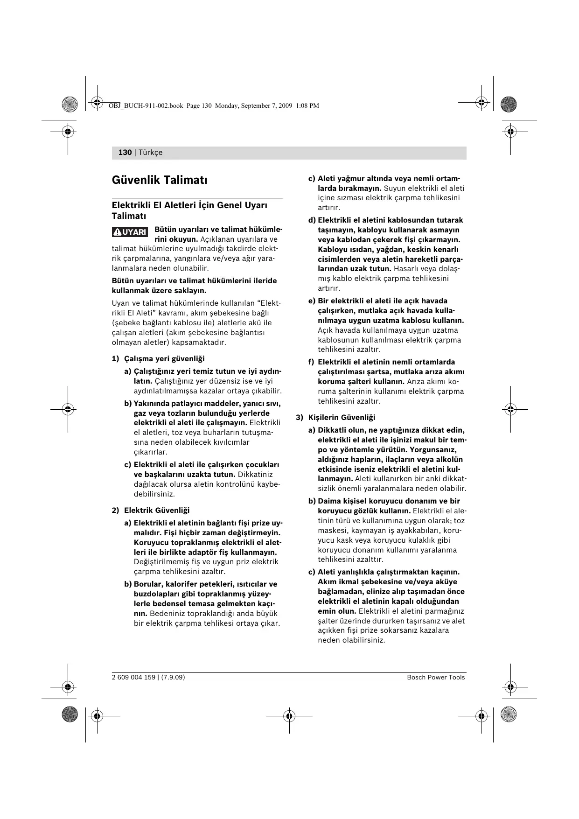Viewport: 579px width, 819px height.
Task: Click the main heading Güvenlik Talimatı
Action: (160, 180)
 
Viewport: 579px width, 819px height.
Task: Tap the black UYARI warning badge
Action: (130, 232)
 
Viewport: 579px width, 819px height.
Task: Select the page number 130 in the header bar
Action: (125, 153)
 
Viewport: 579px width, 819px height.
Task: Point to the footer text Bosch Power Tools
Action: (436, 677)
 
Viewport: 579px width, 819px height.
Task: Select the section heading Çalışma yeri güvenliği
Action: (164, 358)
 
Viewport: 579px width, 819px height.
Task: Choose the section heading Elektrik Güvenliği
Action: (157, 510)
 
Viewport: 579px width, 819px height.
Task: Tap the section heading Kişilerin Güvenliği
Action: (342, 417)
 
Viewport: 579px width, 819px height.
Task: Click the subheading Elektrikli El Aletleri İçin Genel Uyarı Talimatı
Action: (189, 210)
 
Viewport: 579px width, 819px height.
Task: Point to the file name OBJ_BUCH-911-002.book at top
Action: (146, 106)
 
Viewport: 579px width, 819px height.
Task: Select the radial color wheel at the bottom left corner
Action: (70, 714)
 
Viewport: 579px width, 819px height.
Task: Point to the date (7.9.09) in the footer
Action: (174, 677)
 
